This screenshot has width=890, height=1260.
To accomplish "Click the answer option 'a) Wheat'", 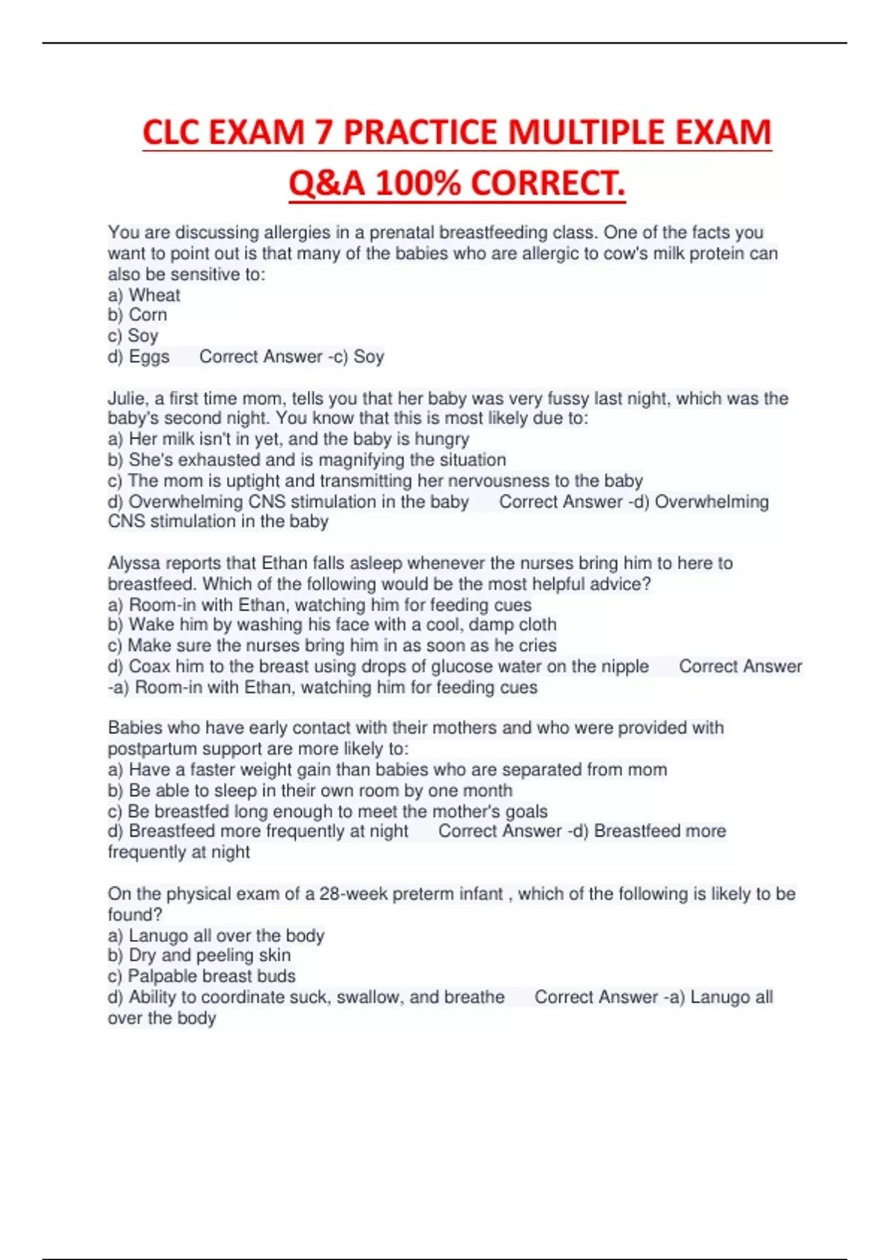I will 144,295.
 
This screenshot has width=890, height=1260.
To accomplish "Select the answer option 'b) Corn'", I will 137,315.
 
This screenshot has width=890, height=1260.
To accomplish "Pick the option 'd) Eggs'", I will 139,357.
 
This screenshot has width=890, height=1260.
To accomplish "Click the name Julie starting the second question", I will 128,399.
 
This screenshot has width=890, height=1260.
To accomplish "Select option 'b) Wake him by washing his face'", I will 332,625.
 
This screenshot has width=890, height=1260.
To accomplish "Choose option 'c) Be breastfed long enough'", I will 327,812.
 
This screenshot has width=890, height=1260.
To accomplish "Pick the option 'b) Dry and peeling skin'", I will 199,955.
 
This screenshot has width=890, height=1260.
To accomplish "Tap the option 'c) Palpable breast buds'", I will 201,976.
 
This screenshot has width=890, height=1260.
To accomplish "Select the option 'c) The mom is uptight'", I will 375,480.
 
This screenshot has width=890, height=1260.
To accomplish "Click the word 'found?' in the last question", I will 135,915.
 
